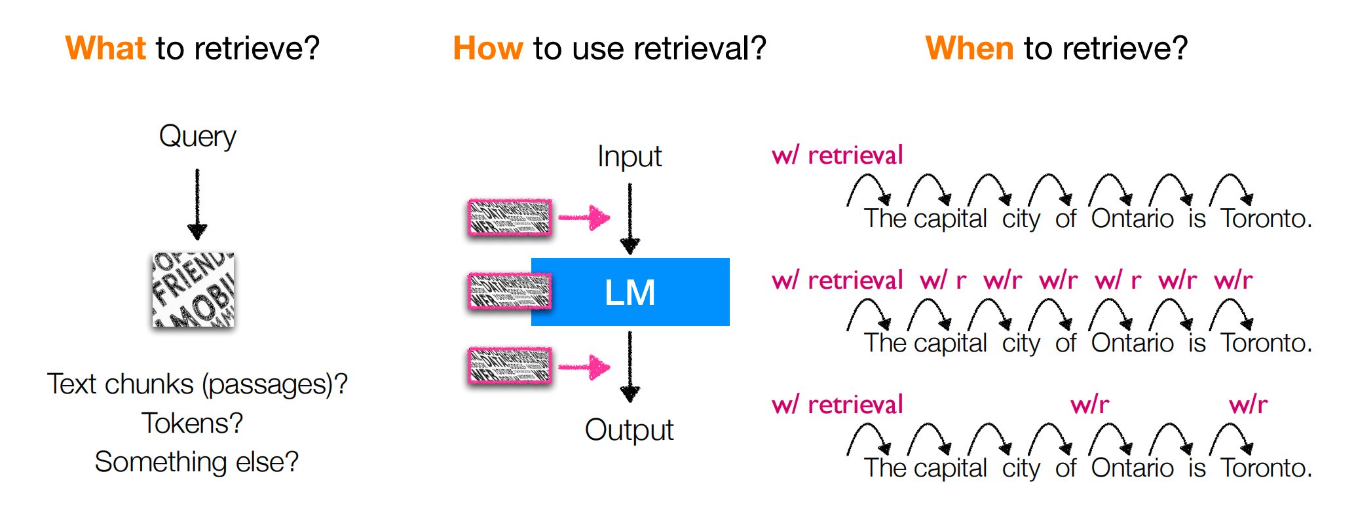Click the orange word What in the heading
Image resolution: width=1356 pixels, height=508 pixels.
click(x=105, y=48)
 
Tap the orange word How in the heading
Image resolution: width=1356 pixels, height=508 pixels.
click(x=488, y=48)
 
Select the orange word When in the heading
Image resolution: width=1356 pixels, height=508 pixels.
click(x=970, y=48)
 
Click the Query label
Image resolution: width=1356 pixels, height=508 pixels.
click(x=197, y=136)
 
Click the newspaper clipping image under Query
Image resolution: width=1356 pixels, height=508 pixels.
click(x=193, y=289)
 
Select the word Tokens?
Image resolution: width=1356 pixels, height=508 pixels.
click(x=193, y=424)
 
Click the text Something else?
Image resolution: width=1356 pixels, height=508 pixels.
click(x=197, y=462)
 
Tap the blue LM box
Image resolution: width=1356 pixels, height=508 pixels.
click(x=630, y=292)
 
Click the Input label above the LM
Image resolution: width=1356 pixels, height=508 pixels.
click(x=630, y=156)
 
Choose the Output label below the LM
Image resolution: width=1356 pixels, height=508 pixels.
click(x=629, y=430)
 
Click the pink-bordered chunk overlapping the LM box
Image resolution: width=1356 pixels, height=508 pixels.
click(x=510, y=291)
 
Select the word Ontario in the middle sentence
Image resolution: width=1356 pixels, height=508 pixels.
click(x=1132, y=343)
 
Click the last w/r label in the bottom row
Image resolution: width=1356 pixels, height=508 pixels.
click(x=1249, y=405)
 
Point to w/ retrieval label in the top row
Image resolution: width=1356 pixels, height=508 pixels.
click(x=837, y=156)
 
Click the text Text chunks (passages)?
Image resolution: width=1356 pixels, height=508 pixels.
click(x=197, y=384)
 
